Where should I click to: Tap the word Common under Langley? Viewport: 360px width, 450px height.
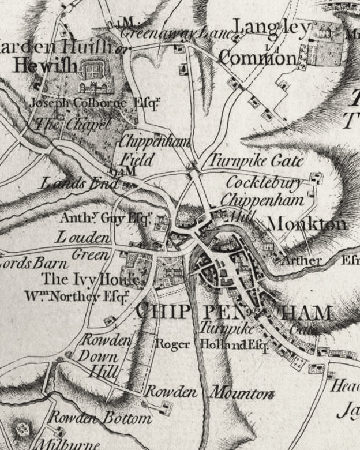click(x=257, y=58)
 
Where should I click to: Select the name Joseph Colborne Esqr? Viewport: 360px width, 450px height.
click(x=94, y=103)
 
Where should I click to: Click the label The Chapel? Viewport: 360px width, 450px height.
click(x=73, y=123)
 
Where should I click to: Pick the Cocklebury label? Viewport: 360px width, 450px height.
click(x=264, y=183)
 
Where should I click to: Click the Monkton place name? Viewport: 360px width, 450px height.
click(x=307, y=224)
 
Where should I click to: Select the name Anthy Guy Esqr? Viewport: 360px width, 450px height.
click(x=106, y=219)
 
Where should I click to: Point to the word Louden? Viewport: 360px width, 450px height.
click(x=83, y=237)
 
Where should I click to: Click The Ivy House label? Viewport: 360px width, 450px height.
click(x=91, y=280)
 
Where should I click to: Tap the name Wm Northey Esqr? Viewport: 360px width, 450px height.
click(x=76, y=297)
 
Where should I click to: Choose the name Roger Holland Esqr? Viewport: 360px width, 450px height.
click(x=213, y=344)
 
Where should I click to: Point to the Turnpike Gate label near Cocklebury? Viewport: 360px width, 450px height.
click(x=255, y=161)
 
